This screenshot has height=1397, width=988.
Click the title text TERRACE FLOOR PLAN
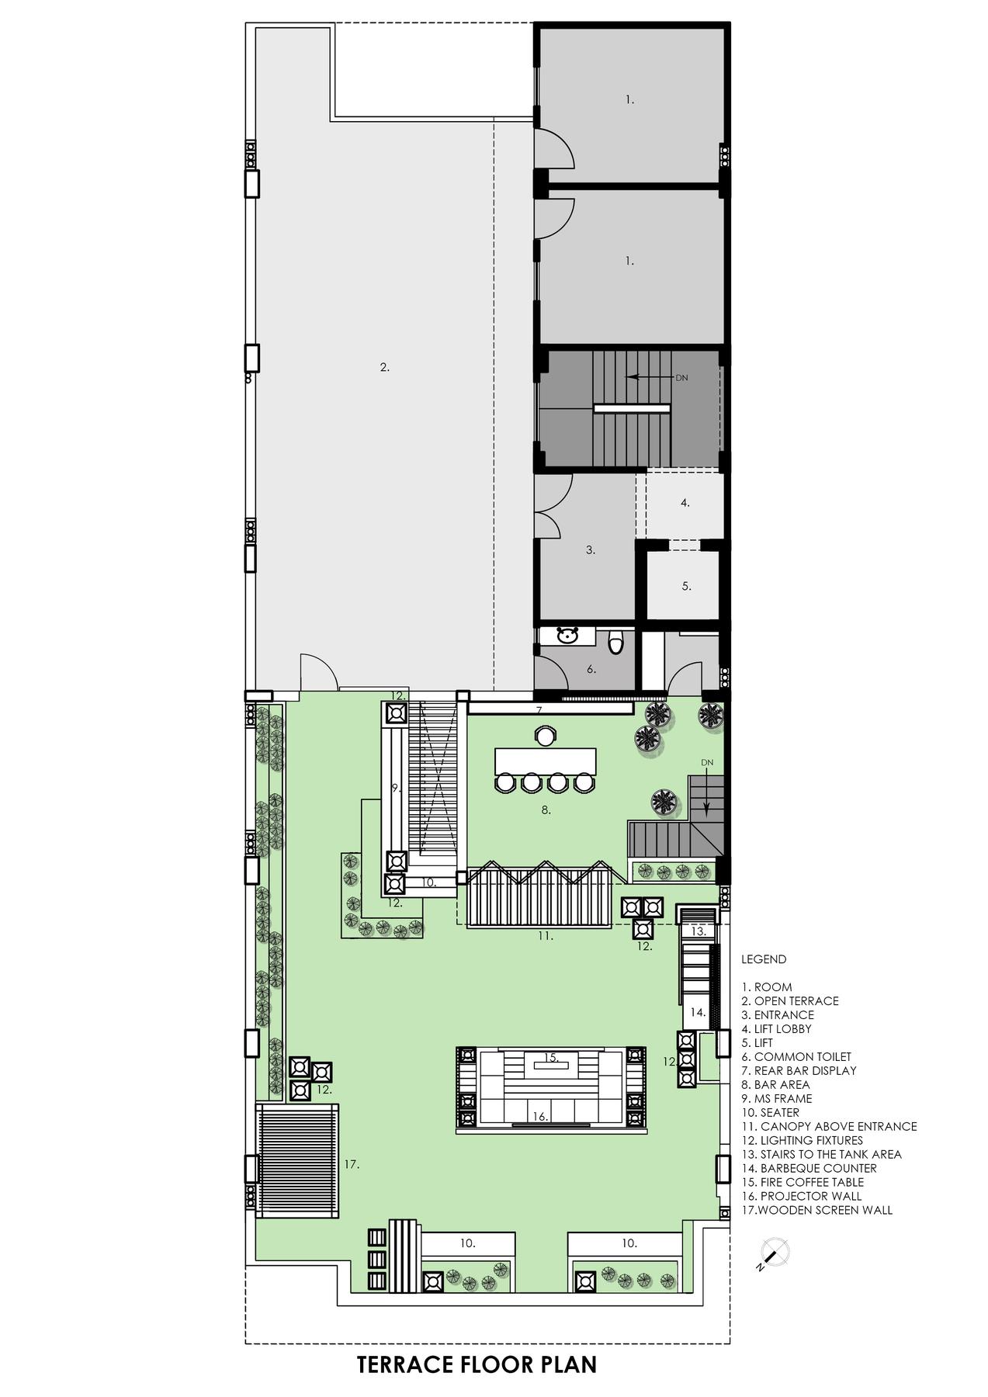tap(477, 1364)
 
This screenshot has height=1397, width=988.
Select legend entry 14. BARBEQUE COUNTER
tap(809, 1168)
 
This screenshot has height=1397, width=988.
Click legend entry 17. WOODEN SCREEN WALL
tap(816, 1210)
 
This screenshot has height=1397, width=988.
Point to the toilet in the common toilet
tap(616, 643)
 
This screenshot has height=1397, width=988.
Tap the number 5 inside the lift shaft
tap(686, 587)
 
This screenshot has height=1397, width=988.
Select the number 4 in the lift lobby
tap(685, 503)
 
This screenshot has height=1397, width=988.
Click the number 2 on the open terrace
tap(384, 368)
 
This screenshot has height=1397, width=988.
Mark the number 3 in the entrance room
tap(590, 550)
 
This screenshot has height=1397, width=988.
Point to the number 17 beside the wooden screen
tap(352, 1164)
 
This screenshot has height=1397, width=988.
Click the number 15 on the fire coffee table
tap(551, 1058)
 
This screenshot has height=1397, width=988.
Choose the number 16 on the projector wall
tap(540, 1117)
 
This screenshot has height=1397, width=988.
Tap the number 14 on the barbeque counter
tap(698, 1013)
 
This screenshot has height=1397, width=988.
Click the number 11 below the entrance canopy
tap(546, 937)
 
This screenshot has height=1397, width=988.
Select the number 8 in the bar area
tap(546, 810)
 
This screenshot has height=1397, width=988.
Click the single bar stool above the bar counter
tap(545, 734)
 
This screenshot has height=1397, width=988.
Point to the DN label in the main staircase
tap(681, 378)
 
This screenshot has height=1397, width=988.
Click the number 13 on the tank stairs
tap(698, 931)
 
